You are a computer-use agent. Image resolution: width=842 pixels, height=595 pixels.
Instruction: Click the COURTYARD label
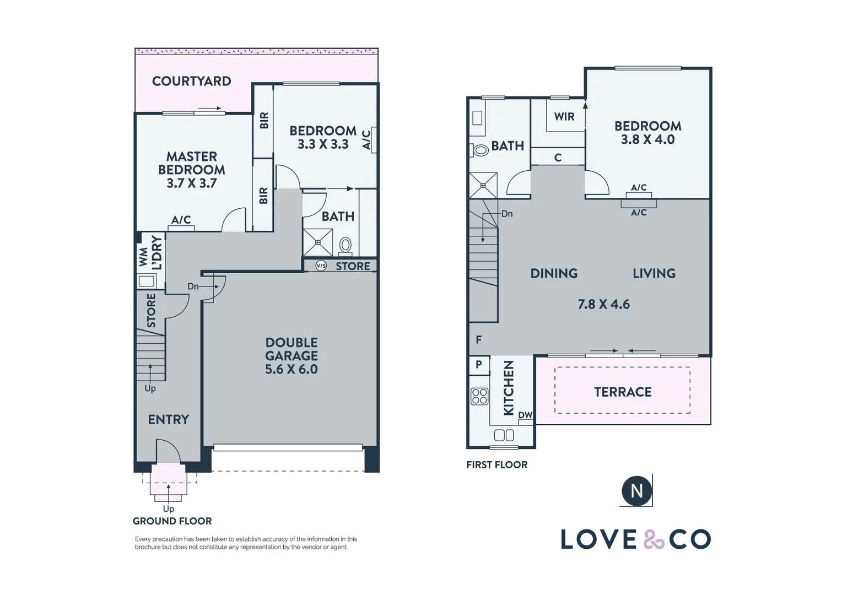[191, 81]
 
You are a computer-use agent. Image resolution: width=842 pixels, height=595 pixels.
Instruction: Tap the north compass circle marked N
[636, 490]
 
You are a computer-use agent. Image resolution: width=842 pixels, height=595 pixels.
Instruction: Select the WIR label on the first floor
[564, 117]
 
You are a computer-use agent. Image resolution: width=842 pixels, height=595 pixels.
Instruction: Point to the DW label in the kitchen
[525, 415]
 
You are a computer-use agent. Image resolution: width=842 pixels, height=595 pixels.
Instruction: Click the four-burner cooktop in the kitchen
[479, 397]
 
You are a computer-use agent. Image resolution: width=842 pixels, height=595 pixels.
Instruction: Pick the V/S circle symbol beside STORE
[321, 266]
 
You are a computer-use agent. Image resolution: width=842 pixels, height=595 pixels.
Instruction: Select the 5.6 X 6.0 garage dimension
[292, 369]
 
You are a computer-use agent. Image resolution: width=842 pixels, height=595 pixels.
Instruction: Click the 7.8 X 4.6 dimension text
[604, 304]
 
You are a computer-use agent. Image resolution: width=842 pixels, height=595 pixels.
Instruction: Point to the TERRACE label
[623, 392]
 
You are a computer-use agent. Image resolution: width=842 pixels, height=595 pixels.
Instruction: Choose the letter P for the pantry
[478, 364]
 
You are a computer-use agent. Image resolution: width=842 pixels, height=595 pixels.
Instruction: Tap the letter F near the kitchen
[478, 340]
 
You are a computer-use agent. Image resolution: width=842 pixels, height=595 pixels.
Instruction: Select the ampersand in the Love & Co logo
[654, 539]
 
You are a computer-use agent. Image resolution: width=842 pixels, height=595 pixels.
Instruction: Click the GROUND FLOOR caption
[172, 521]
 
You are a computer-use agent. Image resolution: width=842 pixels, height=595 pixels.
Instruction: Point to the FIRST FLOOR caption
[497, 465]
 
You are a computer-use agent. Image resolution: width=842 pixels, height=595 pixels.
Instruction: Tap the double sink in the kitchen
[504, 435]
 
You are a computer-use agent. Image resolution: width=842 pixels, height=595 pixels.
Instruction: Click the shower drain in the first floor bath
[483, 185]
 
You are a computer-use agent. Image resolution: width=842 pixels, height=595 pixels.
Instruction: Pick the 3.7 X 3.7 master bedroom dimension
[192, 183]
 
